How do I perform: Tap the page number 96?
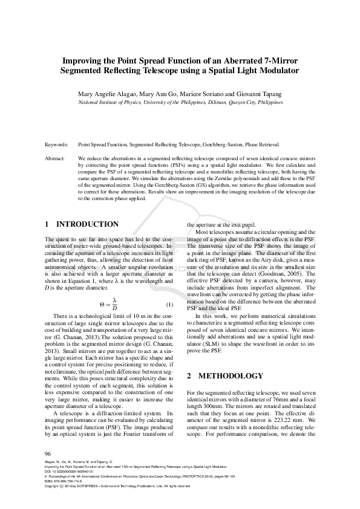pos(48,453)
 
